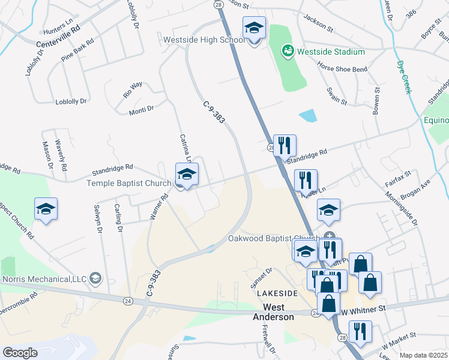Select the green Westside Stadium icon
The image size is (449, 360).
(x=288, y=52)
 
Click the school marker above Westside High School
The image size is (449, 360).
(x=254, y=29)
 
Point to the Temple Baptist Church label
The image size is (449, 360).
(x=130, y=183)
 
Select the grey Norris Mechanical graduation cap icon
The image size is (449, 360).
(x=95, y=278)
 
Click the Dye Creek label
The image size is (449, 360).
(x=404, y=76)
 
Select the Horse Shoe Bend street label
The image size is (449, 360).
(x=342, y=69)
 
